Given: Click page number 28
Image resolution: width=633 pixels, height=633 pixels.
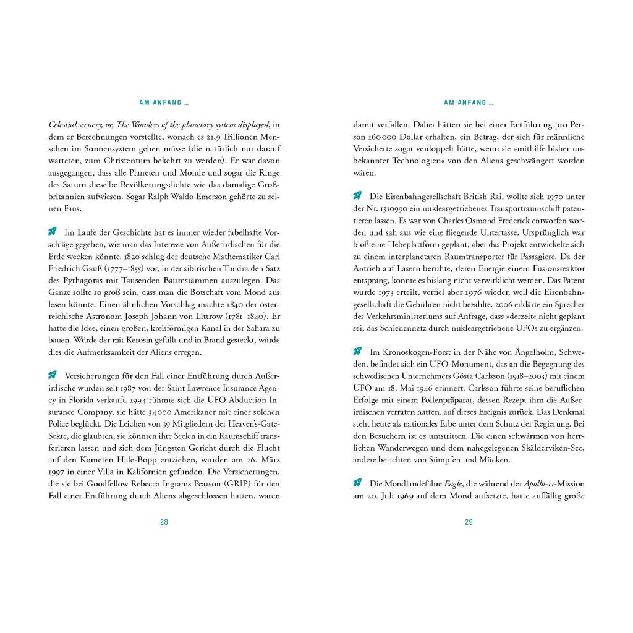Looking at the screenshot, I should (164, 522).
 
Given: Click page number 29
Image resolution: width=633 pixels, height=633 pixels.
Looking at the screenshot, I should (469, 522).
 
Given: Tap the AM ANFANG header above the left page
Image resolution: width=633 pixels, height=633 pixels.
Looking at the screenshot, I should (164, 103).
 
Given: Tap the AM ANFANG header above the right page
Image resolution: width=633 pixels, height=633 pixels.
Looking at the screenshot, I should (469, 103).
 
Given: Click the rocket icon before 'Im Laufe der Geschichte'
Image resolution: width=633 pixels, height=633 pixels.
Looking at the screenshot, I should (53, 232).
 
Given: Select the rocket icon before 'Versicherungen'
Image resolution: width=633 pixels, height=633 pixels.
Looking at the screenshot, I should (53, 375).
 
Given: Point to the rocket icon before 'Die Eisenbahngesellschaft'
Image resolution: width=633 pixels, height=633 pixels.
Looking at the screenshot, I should (357, 196).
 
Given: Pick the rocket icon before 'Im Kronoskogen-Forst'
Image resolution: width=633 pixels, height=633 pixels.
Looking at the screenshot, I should (357, 351).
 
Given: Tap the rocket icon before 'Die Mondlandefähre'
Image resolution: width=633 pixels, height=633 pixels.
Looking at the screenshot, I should (357, 483).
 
